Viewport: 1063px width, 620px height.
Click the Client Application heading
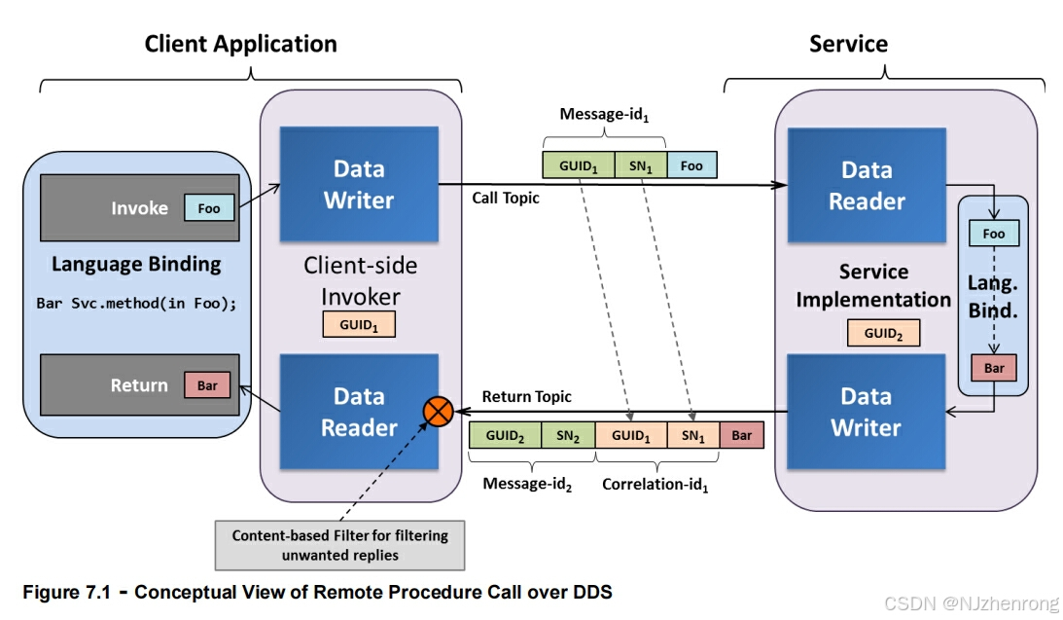pos(240,44)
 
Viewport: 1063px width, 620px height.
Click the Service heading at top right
pos(848,44)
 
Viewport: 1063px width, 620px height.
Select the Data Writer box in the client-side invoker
pos(359,185)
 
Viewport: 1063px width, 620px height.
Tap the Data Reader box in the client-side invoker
pos(359,412)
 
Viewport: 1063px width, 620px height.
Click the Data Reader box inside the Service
pos(866,186)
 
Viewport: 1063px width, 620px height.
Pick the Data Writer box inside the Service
pos(866,412)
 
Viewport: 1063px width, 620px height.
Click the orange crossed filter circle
pos(438,412)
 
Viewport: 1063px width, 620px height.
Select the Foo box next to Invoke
pos(209,207)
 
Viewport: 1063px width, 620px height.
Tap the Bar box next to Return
pos(207,385)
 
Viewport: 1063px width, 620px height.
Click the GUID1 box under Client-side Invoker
pos(359,324)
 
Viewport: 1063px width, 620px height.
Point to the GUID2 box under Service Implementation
pos(883,333)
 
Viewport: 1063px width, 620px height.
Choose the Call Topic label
pos(506,198)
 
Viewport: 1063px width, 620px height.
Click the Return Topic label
pos(527,396)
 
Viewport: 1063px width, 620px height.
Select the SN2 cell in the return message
pos(568,435)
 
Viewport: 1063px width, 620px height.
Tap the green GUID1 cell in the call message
pos(578,165)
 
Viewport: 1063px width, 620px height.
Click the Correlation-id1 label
pos(656,484)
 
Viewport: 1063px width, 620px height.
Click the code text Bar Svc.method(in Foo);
pos(136,303)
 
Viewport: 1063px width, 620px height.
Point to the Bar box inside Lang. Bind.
pos(994,369)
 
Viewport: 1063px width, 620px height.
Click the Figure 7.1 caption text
pos(317,591)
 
